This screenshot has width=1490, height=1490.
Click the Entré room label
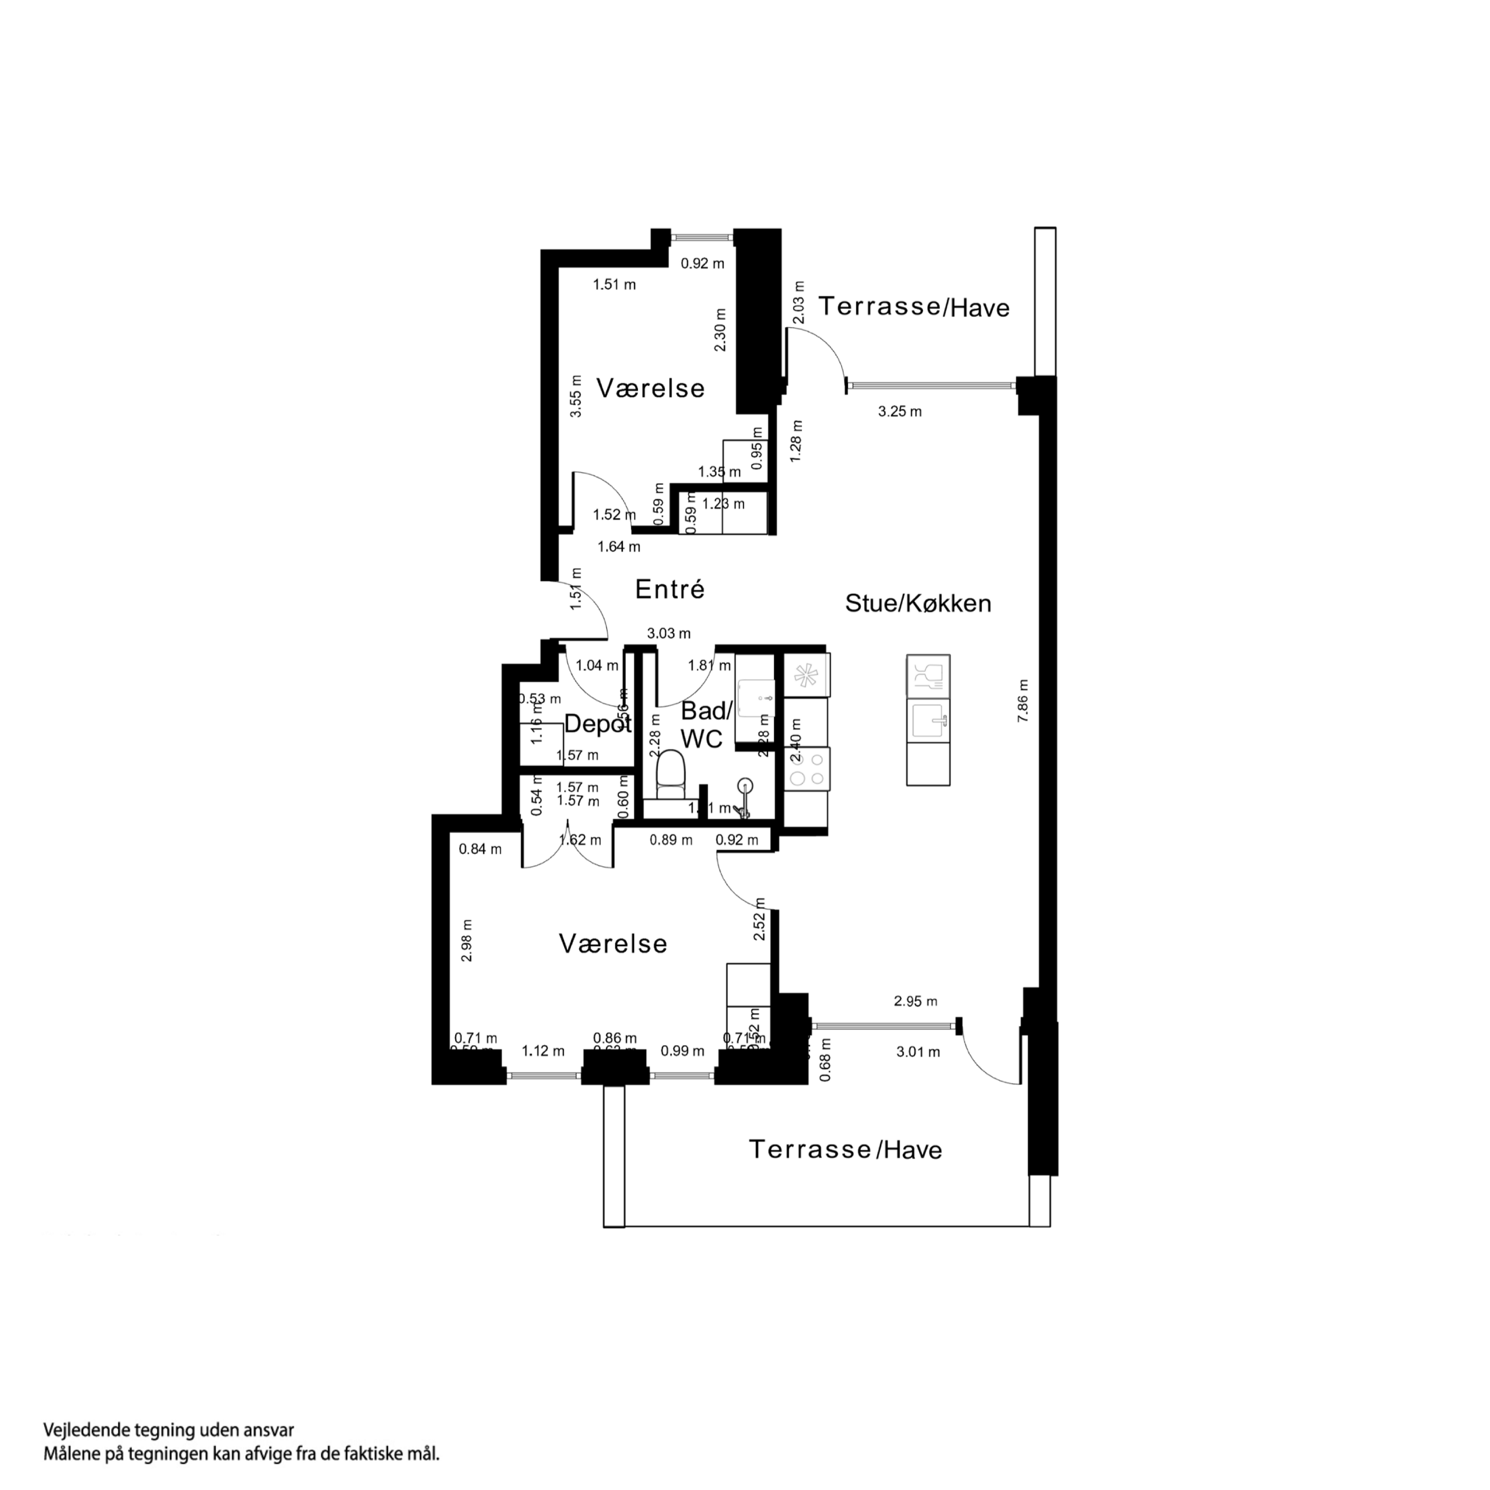[669, 590]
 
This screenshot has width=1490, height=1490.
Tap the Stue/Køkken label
[918, 603]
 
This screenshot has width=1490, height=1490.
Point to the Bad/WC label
[702, 725]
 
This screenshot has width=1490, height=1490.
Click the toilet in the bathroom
[670, 775]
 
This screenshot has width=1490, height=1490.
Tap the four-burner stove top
[807, 768]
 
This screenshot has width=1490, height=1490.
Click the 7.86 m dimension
[1023, 700]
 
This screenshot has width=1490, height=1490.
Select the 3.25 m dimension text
[899, 412]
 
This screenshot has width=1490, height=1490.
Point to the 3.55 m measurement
[575, 396]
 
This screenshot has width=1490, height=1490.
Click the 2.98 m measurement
[467, 940]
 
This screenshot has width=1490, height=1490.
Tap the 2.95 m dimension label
[916, 1002]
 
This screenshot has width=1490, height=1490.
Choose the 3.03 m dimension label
[668, 634]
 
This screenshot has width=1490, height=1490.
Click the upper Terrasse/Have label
[913, 307]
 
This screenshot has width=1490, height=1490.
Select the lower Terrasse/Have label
[845, 1150]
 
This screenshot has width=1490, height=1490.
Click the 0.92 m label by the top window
[702, 263]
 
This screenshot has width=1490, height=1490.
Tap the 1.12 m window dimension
[543, 1051]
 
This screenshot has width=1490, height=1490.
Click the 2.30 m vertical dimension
[721, 330]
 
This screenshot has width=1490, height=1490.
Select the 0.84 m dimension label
[480, 850]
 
